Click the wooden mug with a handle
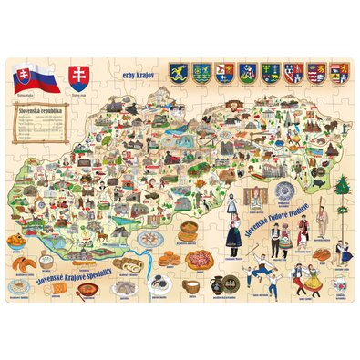click(192, 286)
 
